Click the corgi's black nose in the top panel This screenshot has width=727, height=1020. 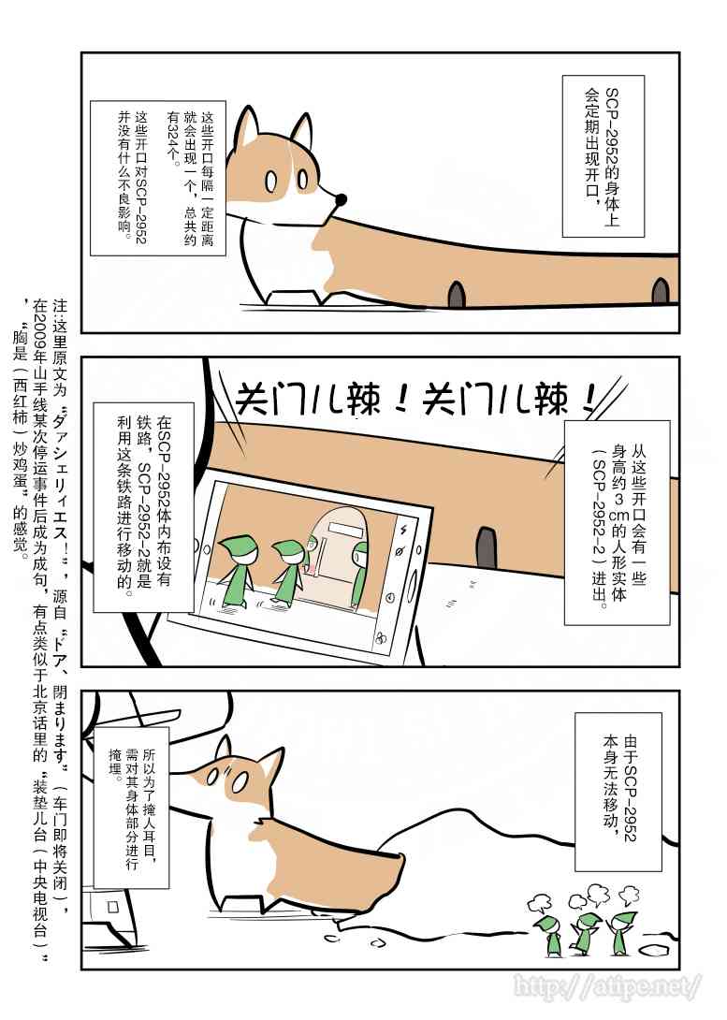click(342, 199)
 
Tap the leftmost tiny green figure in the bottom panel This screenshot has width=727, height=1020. click(549, 935)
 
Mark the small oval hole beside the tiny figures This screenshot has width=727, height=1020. click(658, 948)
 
